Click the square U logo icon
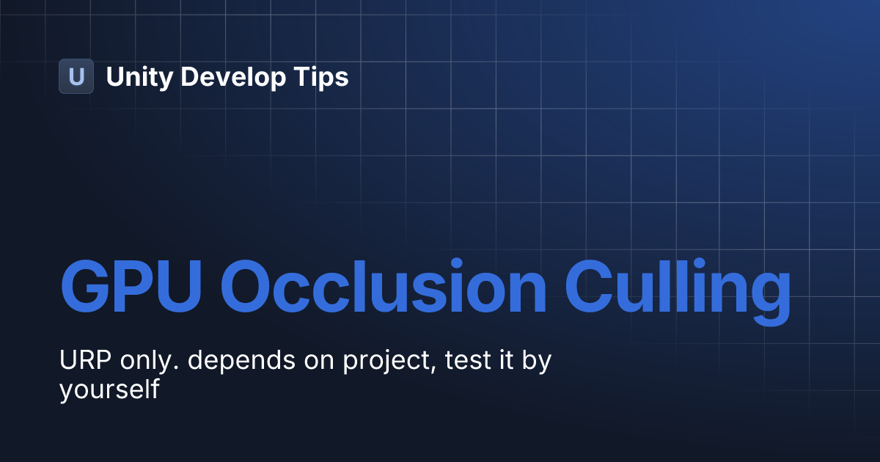[x=76, y=76]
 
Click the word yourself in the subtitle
[x=109, y=390]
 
